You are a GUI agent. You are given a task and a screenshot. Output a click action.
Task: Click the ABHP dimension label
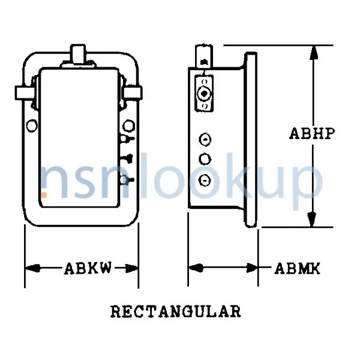pos(311,133)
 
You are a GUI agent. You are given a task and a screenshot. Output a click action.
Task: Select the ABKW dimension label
pos(88,268)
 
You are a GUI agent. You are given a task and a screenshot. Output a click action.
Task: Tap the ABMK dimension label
pos(298,268)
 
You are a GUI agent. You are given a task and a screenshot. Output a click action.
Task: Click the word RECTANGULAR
pos(176,312)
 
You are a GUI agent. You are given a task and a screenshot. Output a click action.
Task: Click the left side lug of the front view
pos(23,92)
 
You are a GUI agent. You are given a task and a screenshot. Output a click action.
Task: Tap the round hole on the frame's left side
pos(32,125)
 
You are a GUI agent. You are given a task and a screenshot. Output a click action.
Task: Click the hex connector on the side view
pos(205,94)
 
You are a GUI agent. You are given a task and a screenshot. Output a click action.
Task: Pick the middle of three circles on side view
pos(205,159)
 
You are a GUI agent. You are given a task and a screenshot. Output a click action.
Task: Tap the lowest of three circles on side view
pos(205,179)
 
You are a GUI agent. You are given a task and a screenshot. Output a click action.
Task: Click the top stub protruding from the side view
pos(205,55)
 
